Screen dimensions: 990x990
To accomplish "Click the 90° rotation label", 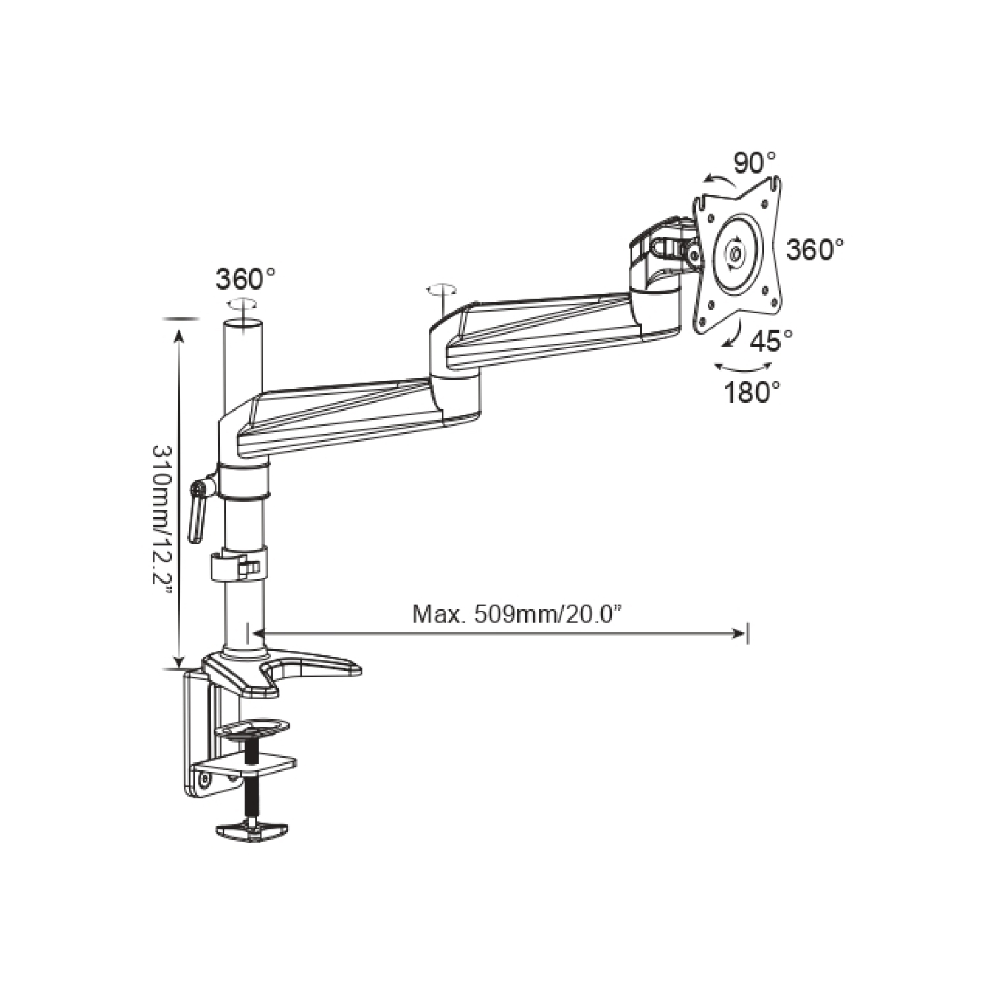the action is (754, 163).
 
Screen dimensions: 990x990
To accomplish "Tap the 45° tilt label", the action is (772, 341).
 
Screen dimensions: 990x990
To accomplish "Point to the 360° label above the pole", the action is (246, 279).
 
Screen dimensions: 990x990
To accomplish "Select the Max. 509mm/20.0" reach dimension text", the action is (517, 615).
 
